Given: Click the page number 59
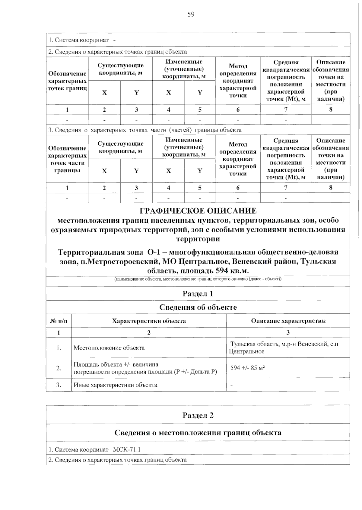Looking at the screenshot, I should coord(191,14).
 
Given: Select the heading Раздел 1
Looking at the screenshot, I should coord(198,293).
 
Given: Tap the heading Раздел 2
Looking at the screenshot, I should coord(198,415).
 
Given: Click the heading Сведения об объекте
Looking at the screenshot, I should coord(198,307).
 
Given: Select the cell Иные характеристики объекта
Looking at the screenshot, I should coord(115,385).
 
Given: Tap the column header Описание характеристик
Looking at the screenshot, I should coord(288,321).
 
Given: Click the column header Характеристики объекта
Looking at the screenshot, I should coord(149,321).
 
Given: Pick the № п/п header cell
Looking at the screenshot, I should coord(59,321).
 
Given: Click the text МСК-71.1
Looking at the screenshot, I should coord(127,450).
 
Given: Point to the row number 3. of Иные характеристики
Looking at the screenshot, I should coord(59,385).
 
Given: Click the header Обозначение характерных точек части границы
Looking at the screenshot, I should coord(67,159).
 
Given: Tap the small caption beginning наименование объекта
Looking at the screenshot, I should coord(198,279).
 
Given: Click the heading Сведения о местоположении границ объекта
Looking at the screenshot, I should coord(198,433).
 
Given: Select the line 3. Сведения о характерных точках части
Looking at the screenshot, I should coord(145,130).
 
